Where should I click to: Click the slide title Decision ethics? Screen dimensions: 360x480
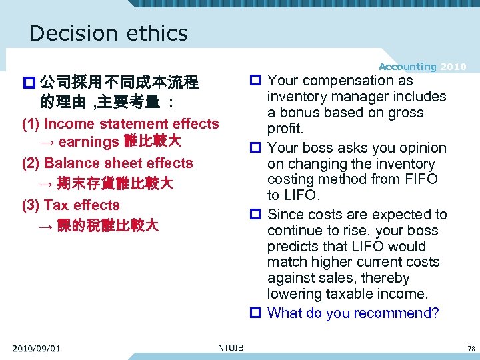tap(109, 33)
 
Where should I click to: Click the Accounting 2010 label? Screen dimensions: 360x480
tap(423, 67)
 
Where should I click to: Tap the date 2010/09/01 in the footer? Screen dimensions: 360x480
tap(36, 347)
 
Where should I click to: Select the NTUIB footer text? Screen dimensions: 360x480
tap(231, 347)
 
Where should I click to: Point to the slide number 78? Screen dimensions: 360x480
tap(471, 348)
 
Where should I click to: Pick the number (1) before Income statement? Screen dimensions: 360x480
tap(31, 124)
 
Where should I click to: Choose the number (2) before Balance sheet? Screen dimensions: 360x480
tap(31, 163)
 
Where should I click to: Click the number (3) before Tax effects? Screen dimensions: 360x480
tap(31, 205)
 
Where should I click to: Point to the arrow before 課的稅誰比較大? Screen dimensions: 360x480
tap(46, 226)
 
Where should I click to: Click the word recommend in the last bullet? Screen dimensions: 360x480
tap(388, 313)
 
